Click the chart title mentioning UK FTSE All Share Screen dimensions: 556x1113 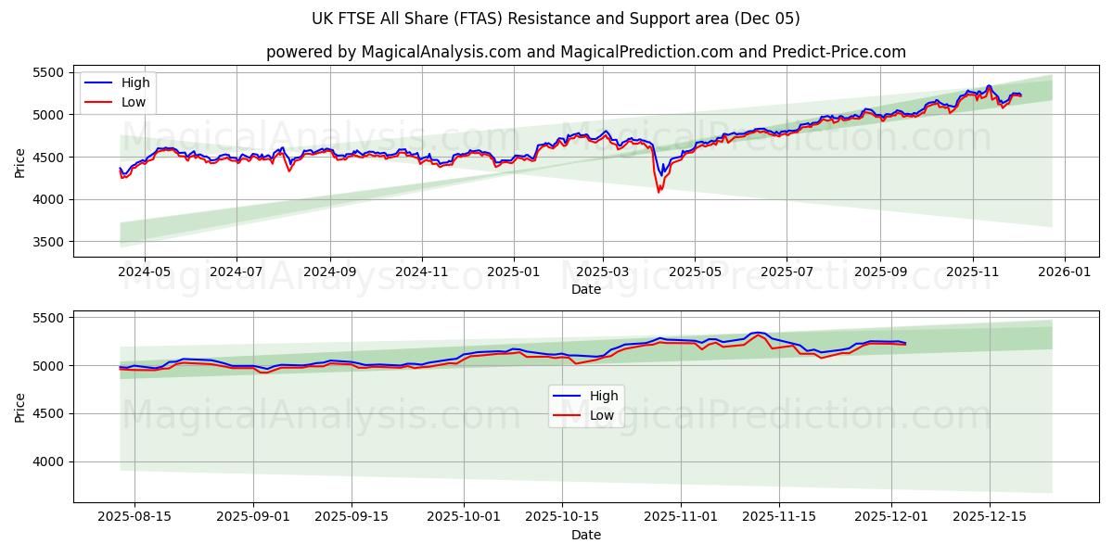tap(556, 19)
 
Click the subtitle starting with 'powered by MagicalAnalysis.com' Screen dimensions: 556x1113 tap(585, 52)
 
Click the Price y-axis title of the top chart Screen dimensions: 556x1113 tap(20, 161)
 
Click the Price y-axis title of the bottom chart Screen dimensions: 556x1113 tap(20, 407)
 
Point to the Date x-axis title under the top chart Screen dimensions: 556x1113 tap(585, 289)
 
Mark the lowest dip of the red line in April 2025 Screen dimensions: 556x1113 tap(659, 192)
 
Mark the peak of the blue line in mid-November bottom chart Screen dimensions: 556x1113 tap(758, 333)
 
